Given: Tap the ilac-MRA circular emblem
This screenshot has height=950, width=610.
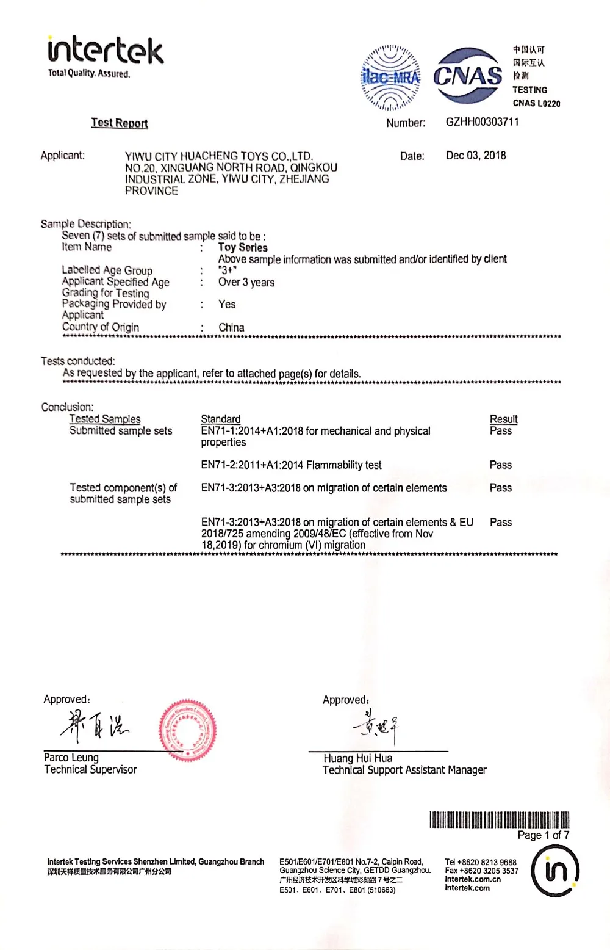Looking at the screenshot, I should (390, 78).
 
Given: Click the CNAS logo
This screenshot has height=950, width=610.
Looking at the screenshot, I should (468, 76).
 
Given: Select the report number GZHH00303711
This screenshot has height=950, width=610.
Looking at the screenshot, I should (482, 122).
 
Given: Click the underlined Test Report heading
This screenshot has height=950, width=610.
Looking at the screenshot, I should (120, 123).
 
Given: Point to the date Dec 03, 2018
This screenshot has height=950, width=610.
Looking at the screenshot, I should (476, 156).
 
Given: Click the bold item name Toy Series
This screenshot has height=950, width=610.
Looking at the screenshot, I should (243, 247).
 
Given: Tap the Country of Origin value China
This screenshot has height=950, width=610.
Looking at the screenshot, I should (231, 327).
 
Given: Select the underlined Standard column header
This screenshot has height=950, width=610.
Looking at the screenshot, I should (221, 419).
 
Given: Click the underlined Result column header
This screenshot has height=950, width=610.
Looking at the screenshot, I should (503, 419).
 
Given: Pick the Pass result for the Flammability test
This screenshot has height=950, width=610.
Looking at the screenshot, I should (500, 465).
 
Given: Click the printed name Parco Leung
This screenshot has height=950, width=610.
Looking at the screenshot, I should (71, 758).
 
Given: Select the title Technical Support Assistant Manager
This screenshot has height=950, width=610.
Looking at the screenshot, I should (404, 770).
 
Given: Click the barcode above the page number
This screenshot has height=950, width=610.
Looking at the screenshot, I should (499, 819).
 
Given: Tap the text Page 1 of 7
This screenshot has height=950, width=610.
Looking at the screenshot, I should (543, 835).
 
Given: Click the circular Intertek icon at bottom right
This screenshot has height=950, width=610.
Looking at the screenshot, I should (554, 871).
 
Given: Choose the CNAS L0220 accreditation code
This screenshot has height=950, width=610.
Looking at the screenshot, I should (536, 103).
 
